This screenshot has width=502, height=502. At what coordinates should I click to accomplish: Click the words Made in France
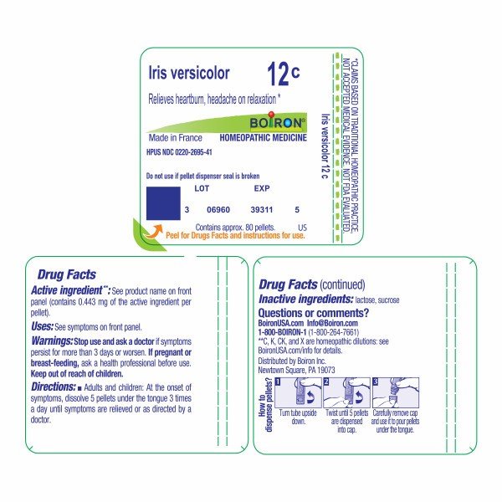[x=172, y=136]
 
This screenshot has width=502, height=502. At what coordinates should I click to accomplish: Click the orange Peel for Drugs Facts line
[x=231, y=235]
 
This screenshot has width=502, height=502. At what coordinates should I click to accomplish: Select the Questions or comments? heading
[x=314, y=313]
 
